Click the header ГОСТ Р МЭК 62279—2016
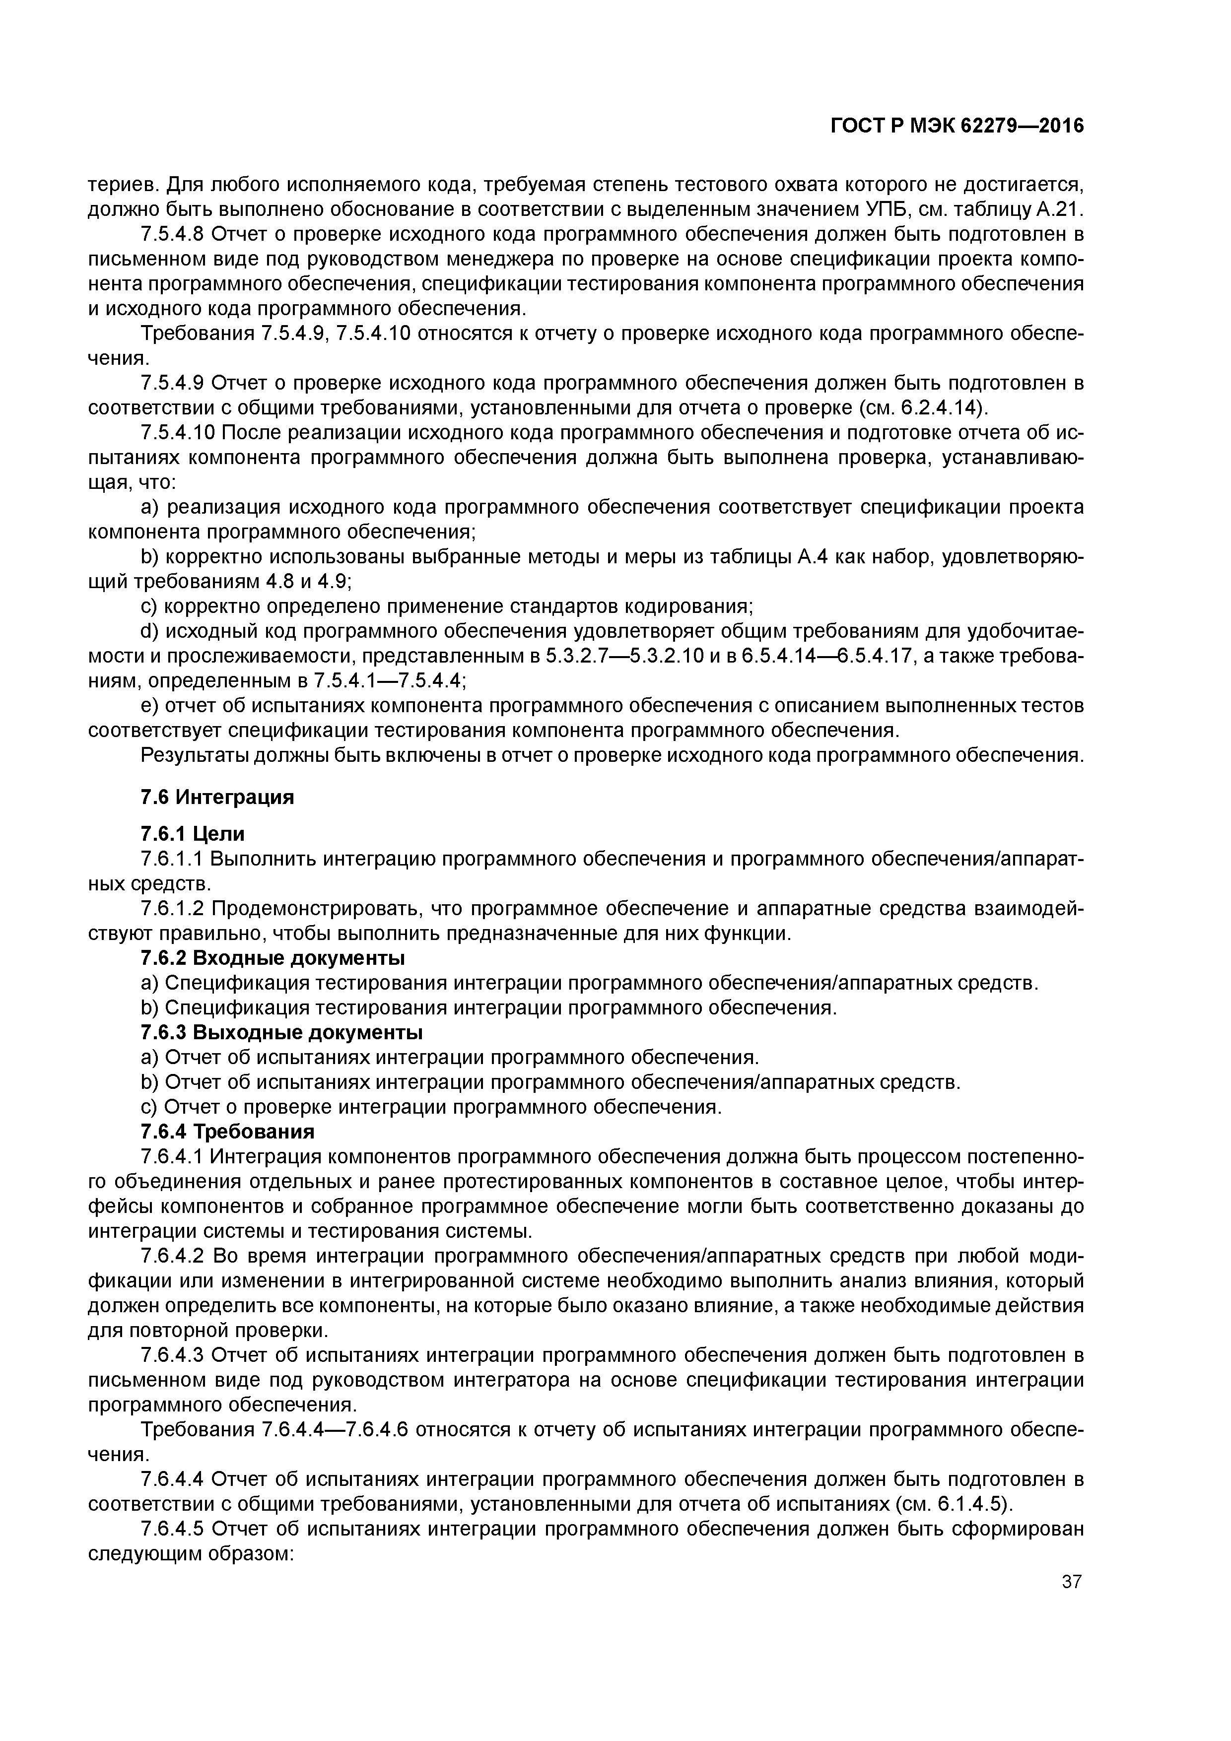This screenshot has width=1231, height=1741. coord(957,127)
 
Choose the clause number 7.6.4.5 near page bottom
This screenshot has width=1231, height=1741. coord(174,1529)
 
